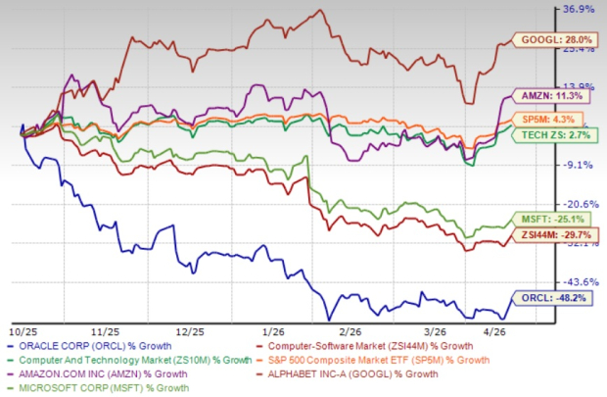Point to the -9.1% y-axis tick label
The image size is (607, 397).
tap(579, 165)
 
